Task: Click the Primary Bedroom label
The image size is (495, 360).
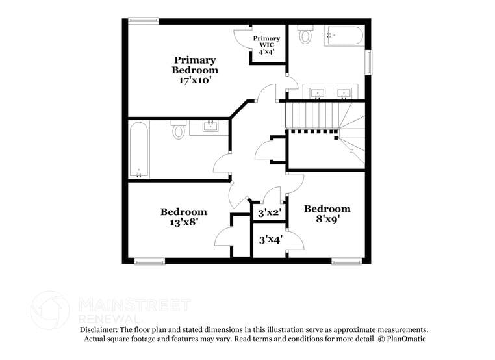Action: [194, 70]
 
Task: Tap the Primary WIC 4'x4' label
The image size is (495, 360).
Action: [266, 45]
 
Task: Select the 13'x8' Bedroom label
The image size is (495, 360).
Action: [184, 216]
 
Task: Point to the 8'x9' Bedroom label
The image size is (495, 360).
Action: [327, 214]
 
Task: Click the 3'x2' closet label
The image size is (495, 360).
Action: [268, 212]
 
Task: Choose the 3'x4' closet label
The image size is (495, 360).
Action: [269, 240]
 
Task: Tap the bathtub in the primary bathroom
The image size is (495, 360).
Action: [344, 35]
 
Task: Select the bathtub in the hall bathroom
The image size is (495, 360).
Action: [139, 149]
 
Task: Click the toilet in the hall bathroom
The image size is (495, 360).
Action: [179, 130]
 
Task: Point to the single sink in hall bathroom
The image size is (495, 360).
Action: [210, 126]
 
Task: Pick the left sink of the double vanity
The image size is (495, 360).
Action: [317, 93]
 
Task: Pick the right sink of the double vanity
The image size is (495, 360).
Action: [342, 93]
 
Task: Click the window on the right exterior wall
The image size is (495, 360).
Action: [369, 63]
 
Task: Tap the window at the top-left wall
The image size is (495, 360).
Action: [143, 21]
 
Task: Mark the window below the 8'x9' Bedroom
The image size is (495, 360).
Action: [346, 262]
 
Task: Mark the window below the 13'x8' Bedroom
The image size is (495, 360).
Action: [149, 262]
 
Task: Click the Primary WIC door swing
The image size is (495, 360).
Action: [242, 38]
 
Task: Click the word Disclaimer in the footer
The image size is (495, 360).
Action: [101, 330]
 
